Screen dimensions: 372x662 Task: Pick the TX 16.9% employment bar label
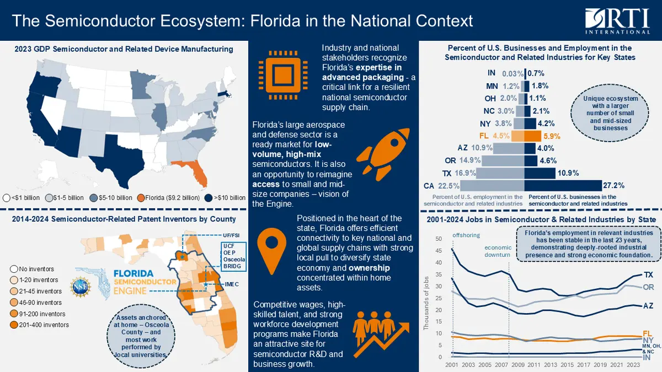click(466, 173)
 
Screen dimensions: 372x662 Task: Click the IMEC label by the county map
click(232, 284)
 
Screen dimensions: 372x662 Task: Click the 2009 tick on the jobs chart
click(517, 365)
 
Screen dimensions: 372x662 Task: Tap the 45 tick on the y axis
click(439, 250)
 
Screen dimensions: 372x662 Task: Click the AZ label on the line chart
click(649, 305)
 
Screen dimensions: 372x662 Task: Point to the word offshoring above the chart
click(467, 235)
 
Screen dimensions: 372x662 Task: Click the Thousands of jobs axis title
click(426, 311)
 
